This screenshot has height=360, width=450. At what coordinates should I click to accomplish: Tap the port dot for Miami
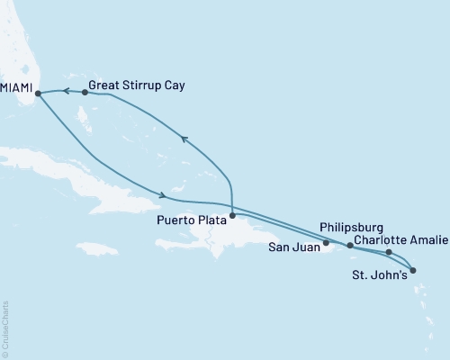(x=38, y=92)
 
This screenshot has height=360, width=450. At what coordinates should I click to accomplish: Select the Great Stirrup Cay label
(x=139, y=91)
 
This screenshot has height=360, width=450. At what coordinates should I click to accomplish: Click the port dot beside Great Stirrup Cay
(x=85, y=92)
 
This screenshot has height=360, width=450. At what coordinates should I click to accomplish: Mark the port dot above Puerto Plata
(x=232, y=215)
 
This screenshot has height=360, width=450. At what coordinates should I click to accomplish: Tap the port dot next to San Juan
(x=326, y=243)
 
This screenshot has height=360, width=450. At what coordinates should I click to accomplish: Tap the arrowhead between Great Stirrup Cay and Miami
(x=65, y=90)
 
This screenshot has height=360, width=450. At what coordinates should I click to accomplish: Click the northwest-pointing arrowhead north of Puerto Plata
(x=184, y=138)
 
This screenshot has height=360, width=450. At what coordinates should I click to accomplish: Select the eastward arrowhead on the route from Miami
(x=162, y=195)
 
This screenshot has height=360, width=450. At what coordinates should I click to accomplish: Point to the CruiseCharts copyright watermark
(x=5, y=329)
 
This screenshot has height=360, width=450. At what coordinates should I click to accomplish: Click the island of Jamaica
(x=94, y=247)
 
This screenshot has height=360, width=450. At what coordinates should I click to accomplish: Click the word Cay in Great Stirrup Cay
(x=178, y=91)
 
